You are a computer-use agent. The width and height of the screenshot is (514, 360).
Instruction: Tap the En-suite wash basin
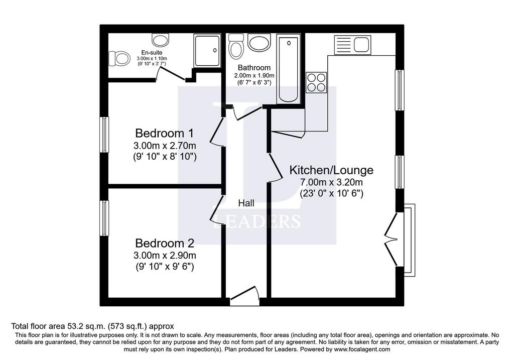point(160,39)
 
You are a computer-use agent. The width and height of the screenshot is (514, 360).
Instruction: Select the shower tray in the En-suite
point(206,50)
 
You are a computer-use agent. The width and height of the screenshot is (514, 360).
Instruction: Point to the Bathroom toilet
point(236,46)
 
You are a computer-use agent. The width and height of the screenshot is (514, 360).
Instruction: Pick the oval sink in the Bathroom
point(259,42)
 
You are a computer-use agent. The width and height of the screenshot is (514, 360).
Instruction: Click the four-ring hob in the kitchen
point(316,82)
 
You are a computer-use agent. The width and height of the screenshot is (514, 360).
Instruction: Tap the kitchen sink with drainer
point(352,45)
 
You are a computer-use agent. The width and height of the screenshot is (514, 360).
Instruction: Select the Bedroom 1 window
point(104,135)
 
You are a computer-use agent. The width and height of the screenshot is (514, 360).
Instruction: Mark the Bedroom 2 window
point(104,218)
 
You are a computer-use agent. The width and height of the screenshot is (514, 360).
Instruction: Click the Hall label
point(246,203)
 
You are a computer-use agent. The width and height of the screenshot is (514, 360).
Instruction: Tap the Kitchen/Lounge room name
point(331,170)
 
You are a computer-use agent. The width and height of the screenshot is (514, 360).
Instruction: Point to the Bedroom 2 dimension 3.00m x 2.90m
point(165,255)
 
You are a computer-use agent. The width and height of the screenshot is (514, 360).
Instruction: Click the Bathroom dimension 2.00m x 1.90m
point(254,75)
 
